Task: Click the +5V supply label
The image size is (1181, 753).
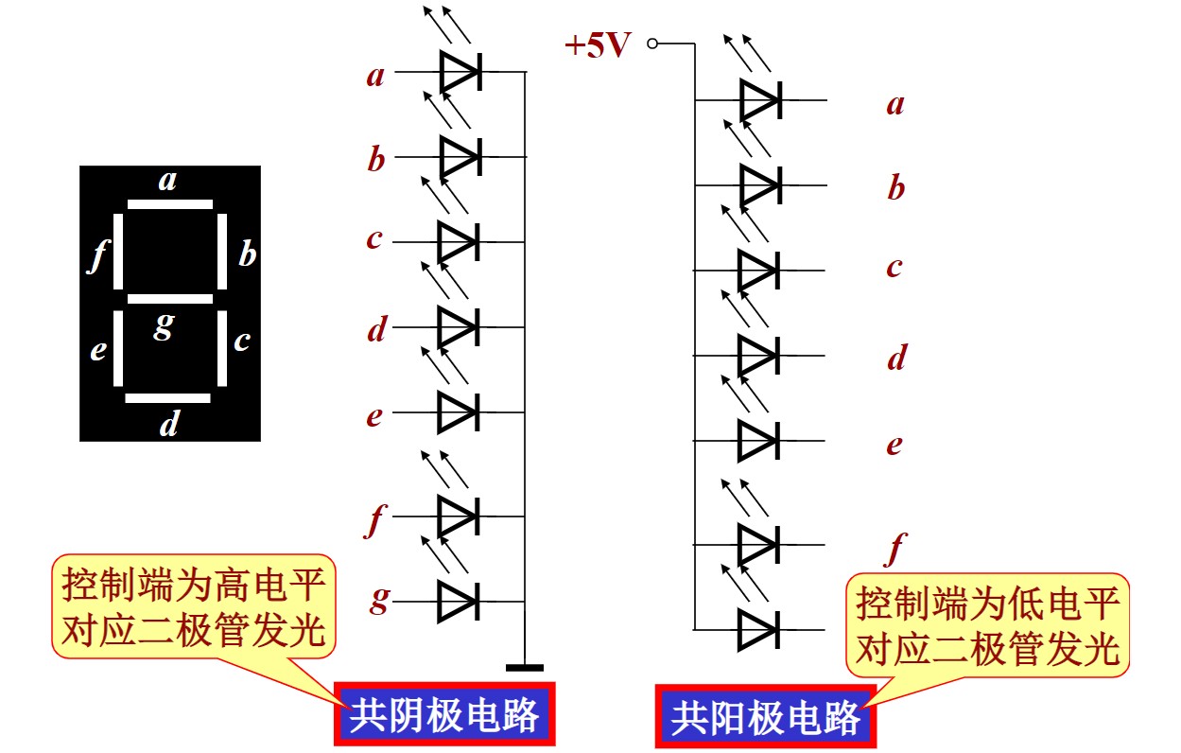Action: click(597, 44)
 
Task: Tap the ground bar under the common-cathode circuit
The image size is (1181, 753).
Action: click(525, 668)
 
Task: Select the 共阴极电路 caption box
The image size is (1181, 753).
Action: click(443, 714)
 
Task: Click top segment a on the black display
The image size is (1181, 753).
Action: click(169, 203)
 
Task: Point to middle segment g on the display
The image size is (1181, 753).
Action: click(169, 299)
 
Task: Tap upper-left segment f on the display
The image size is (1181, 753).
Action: click(118, 252)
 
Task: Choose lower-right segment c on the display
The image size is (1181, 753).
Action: click(222, 348)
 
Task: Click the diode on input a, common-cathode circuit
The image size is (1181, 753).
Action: click(460, 71)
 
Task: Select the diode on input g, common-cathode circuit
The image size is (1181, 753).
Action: click(459, 601)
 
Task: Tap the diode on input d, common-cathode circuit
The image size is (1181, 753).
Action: click(459, 327)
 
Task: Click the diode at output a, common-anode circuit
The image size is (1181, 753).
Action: click(759, 99)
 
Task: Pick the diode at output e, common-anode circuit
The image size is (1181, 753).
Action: click(758, 441)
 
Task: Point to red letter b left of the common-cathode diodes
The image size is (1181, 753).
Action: click(376, 160)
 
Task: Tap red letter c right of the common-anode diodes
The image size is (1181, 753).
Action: click(894, 268)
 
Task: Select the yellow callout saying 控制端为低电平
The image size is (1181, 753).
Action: click(987, 625)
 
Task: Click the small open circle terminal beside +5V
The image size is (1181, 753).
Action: click(652, 44)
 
